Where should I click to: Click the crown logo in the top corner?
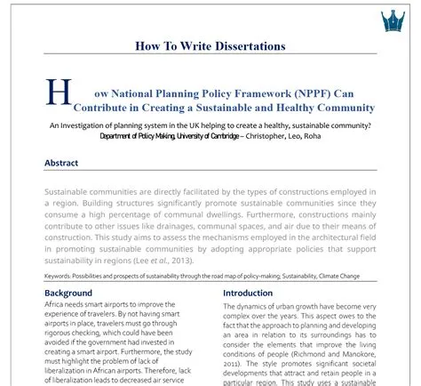coord(392,20)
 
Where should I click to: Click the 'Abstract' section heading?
coord(61,164)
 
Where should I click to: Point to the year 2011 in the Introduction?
coord(232,365)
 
